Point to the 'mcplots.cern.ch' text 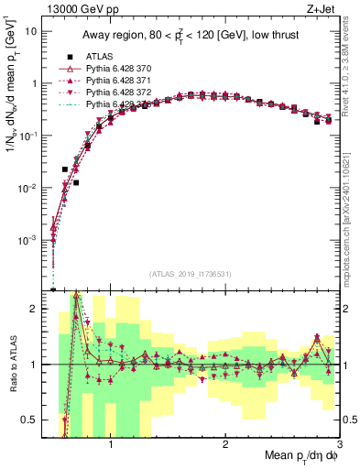(350, 240)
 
